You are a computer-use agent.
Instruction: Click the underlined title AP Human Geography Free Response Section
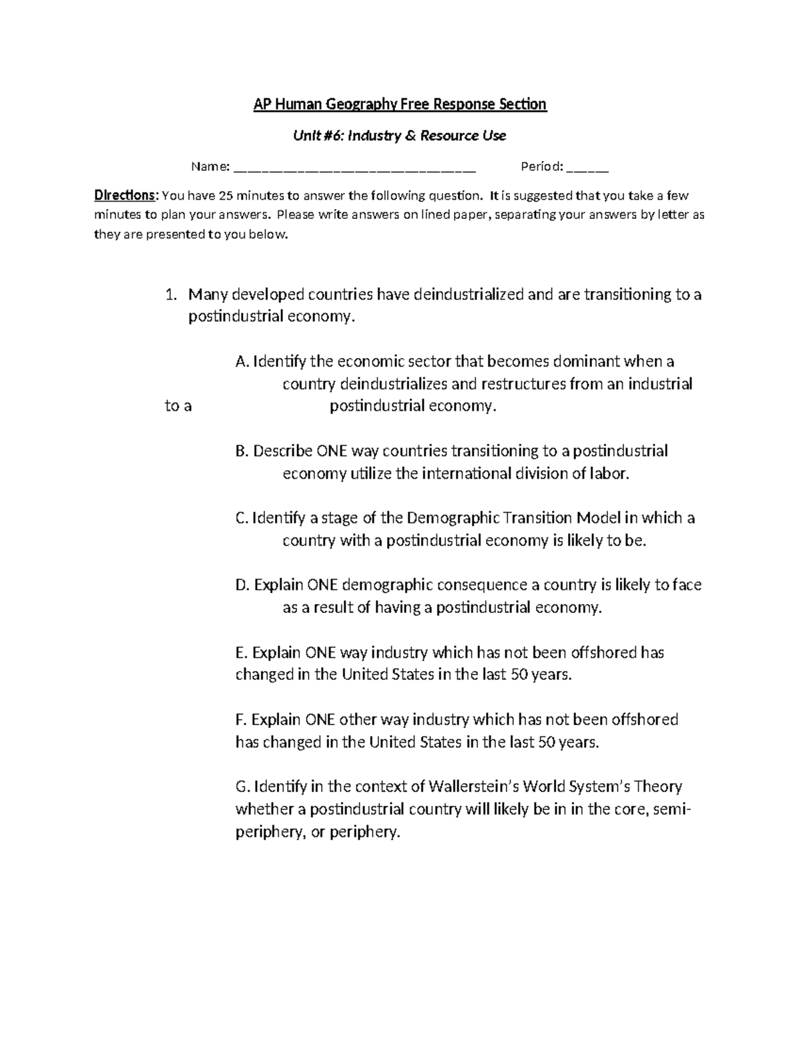click(400, 104)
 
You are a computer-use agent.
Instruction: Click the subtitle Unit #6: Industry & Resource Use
click(400, 136)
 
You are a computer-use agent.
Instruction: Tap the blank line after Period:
click(587, 168)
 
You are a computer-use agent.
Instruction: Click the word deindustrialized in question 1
click(469, 294)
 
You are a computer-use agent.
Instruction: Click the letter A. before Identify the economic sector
click(242, 362)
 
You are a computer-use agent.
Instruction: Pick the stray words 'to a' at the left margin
click(178, 406)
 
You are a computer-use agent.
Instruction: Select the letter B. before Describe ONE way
click(242, 451)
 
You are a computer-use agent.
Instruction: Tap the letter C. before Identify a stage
click(242, 518)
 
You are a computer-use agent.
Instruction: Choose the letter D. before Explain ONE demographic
click(243, 586)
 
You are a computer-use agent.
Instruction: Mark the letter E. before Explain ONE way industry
click(242, 652)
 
